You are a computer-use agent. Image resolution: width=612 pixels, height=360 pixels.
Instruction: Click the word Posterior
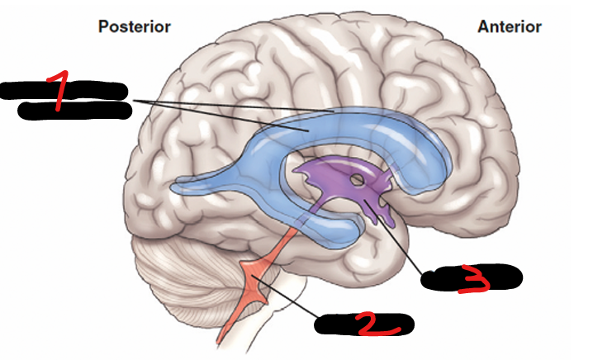coord(135,26)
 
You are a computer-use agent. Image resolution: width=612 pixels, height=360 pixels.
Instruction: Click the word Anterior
coord(510,26)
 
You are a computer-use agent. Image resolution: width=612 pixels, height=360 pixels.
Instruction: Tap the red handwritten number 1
coord(58,92)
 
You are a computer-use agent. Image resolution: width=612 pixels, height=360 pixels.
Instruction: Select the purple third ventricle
coord(326,178)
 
